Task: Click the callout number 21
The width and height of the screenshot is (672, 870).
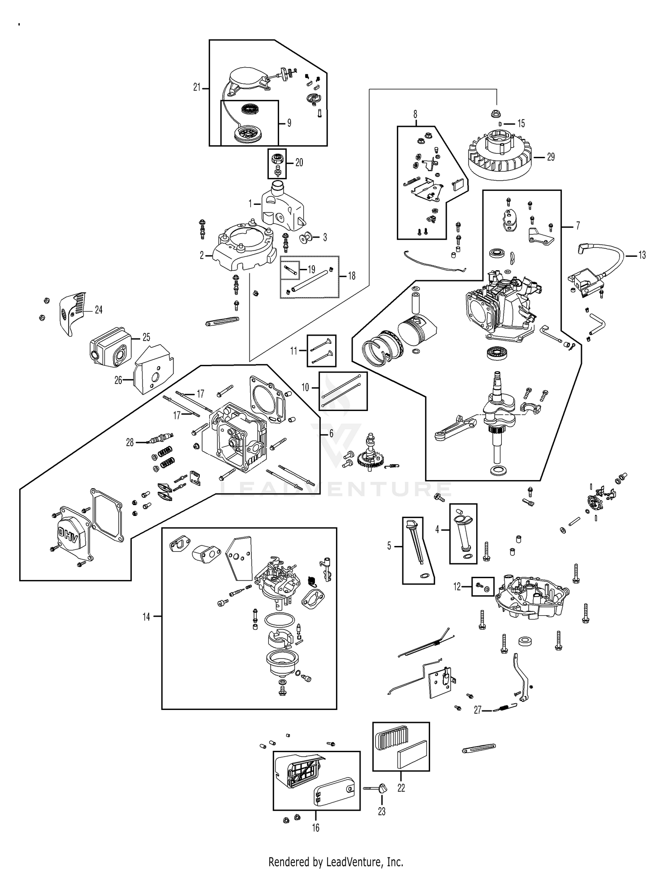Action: (197, 87)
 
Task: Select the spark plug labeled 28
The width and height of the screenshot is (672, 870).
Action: (159, 440)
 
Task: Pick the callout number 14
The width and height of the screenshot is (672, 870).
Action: (146, 617)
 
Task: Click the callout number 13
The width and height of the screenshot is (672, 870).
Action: (642, 255)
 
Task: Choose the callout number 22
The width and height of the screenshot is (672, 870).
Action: (401, 788)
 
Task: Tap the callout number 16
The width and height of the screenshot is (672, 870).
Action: (316, 828)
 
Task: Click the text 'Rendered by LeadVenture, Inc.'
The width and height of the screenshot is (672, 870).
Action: (336, 861)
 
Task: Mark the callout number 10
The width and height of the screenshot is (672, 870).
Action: (306, 387)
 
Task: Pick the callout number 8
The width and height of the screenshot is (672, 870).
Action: (415, 114)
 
